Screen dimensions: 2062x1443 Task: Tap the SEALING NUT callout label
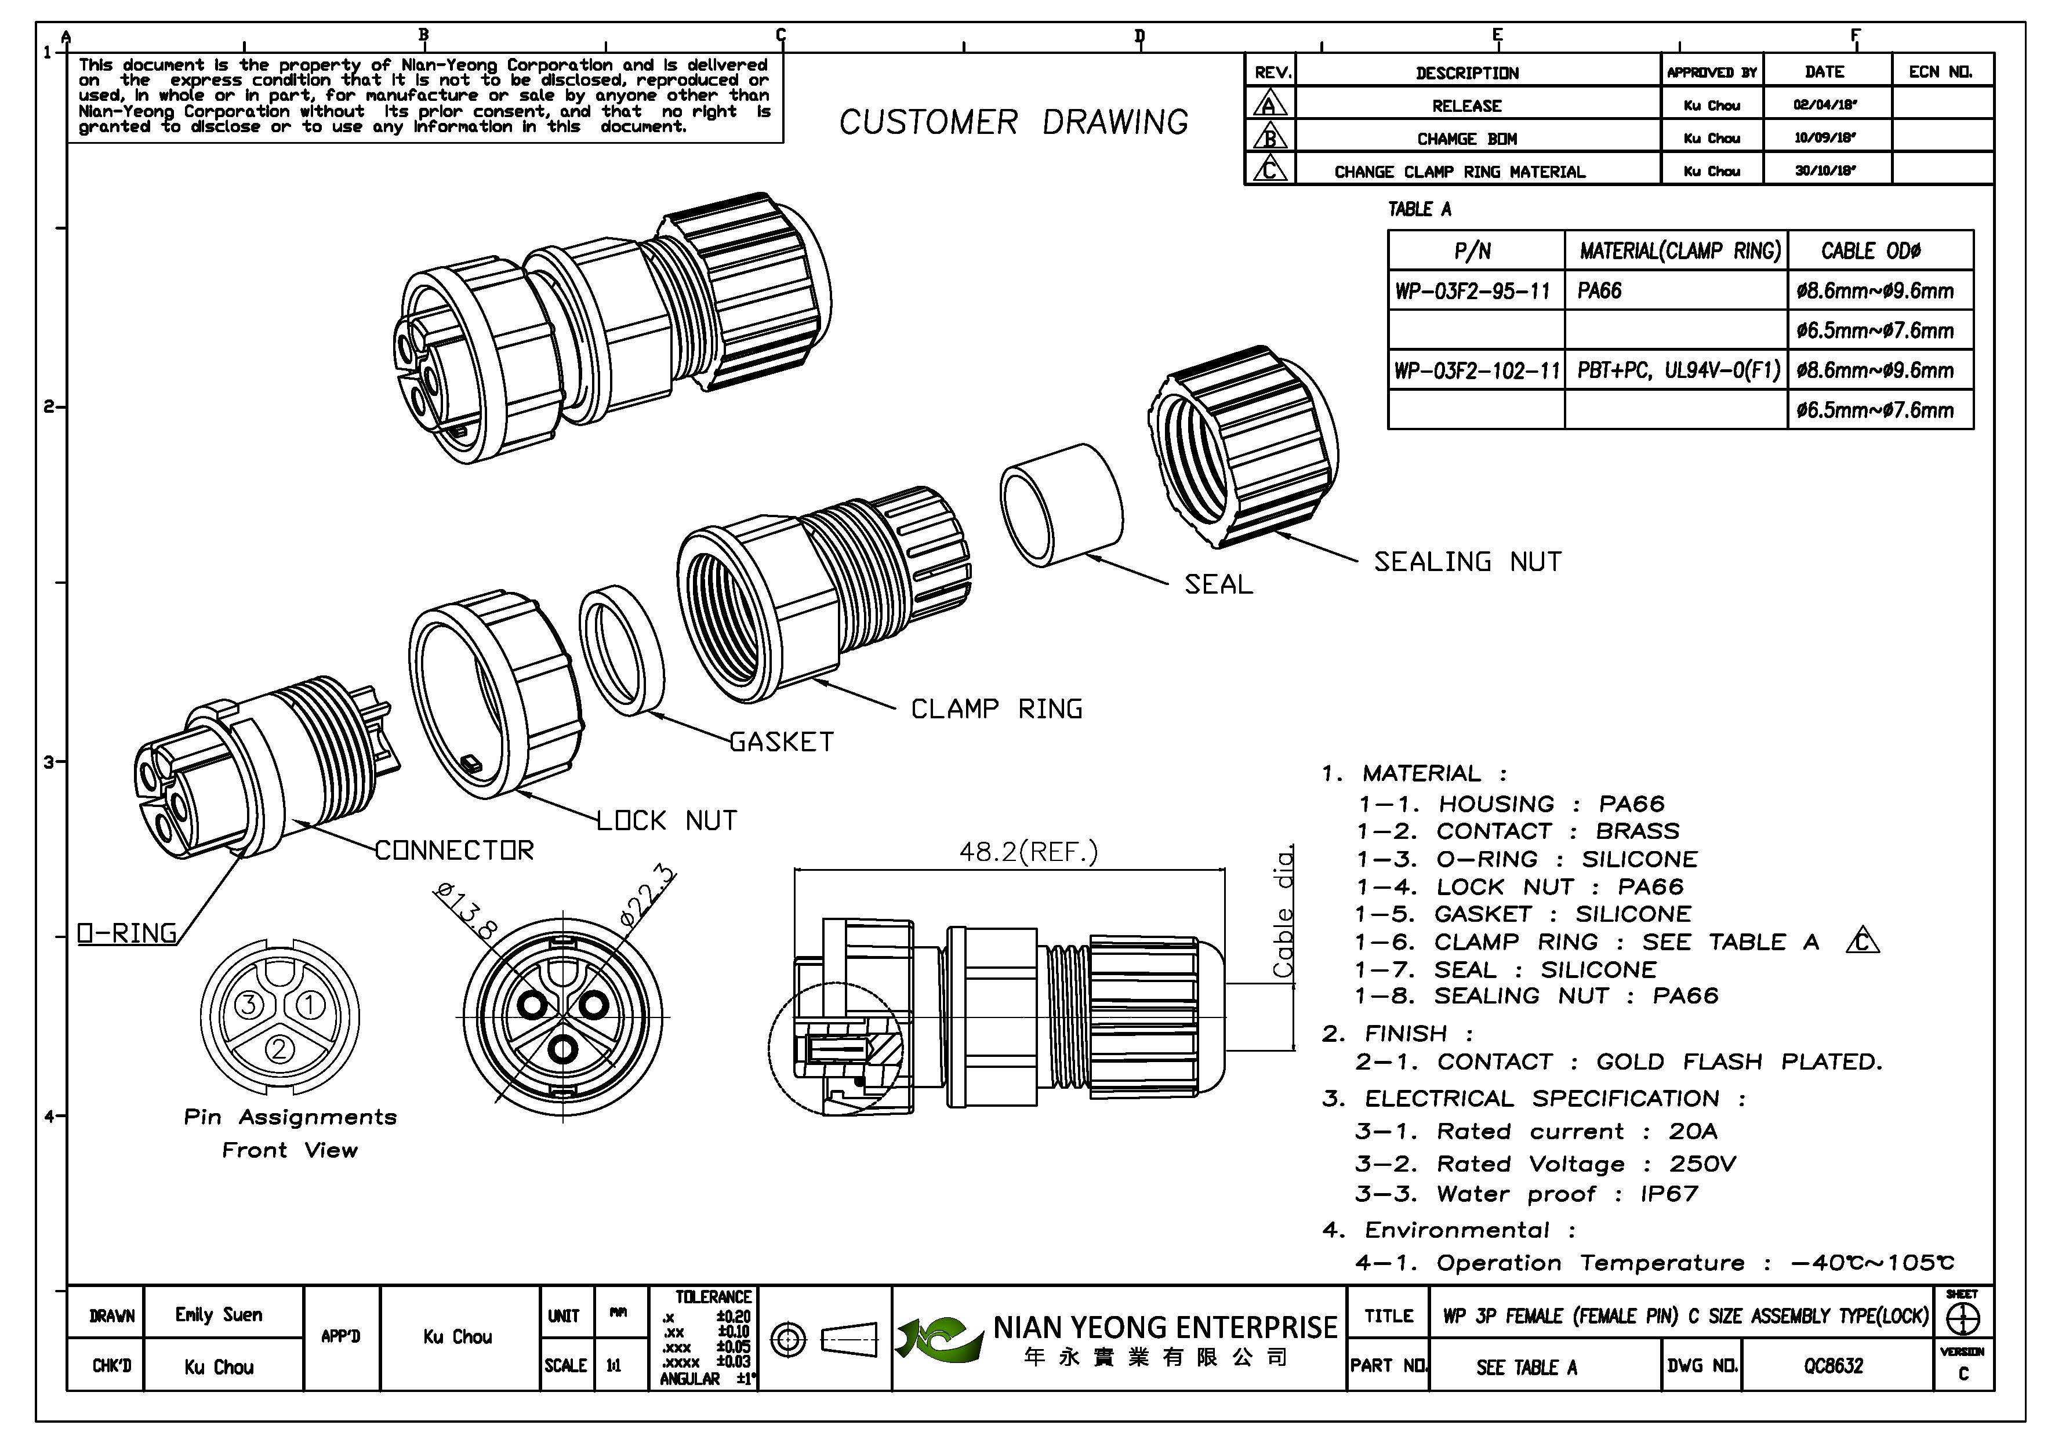pyautogui.click(x=1468, y=562)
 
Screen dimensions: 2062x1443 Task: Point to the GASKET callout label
pyautogui.click(x=781, y=742)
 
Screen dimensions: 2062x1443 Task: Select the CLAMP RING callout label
pyautogui.click(x=997, y=710)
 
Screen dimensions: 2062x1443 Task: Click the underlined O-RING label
pyautogui.click(x=126, y=934)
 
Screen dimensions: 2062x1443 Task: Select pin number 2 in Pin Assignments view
pyautogui.click(x=279, y=1049)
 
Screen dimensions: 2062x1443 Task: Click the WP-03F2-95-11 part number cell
pyautogui.click(x=1473, y=291)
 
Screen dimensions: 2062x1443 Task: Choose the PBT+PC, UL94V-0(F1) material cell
pyautogui.click(x=1678, y=370)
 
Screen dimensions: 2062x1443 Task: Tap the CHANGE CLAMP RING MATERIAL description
pyautogui.click(x=1460, y=172)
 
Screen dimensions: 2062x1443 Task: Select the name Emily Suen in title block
pyautogui.click(x=219, y=1315)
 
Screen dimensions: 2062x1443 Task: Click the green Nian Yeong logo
pyautogui.click(x=939, y=1339)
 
